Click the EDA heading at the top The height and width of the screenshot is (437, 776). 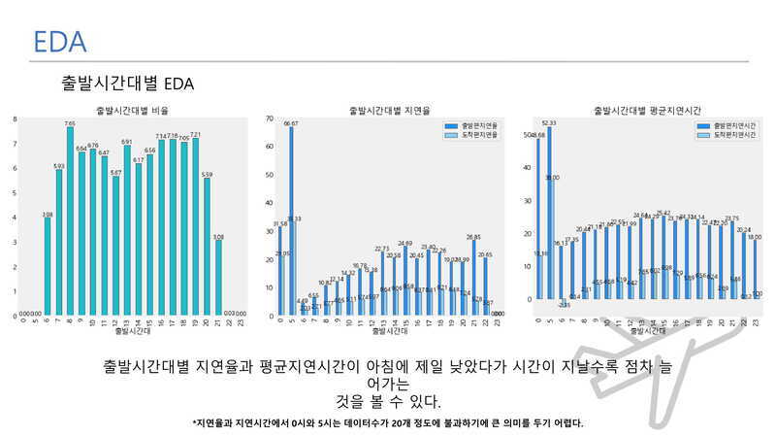coord(60,42)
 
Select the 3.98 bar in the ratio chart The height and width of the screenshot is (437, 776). coord(48,263)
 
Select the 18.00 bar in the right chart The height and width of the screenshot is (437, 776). coord(755,271)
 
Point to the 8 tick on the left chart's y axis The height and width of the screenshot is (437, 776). coord(15,119)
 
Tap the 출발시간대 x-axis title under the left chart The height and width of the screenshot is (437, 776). coord(132,332)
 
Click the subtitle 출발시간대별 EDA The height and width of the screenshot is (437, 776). coord(127,84)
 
